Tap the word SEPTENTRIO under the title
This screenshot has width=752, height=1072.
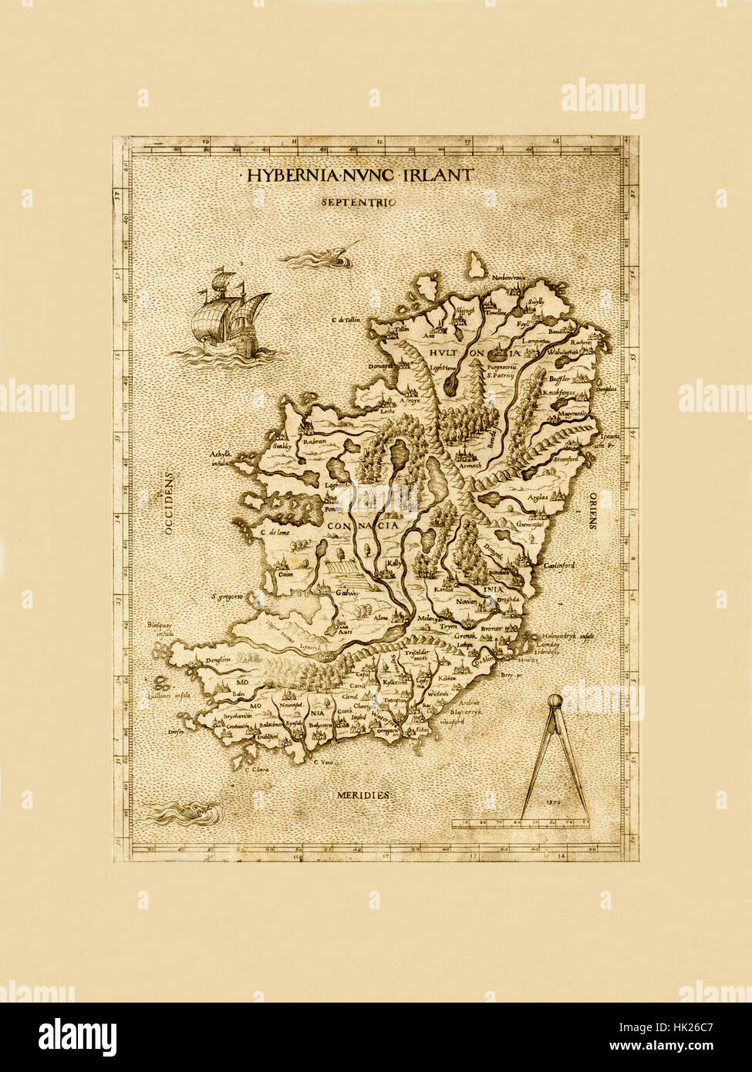point(355,202)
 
